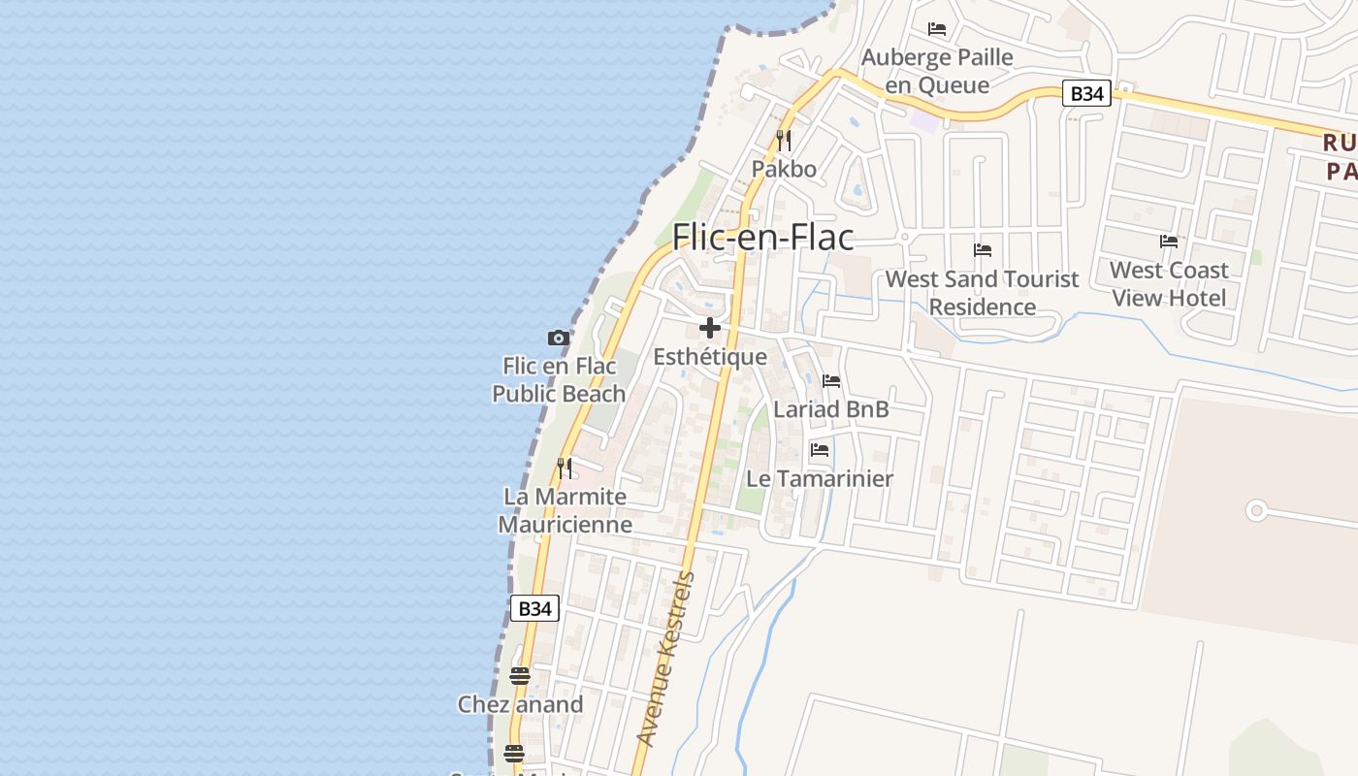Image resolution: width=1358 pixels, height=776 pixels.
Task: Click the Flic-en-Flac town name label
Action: point(763,238)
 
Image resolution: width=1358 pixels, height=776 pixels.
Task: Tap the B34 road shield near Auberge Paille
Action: point(1086,93)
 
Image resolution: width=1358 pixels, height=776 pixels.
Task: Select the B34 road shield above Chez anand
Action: point(534,608)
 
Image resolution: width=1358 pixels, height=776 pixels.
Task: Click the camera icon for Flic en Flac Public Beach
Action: point(559,338)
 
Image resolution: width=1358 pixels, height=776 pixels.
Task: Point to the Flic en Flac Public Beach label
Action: point(559,380)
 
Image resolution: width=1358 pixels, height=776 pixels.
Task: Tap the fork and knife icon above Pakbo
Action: point(784,141)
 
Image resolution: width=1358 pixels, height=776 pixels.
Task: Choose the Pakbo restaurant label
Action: point(784,169)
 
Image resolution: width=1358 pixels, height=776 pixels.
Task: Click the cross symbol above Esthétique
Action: point(710,328)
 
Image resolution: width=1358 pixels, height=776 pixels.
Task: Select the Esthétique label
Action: point(710,357)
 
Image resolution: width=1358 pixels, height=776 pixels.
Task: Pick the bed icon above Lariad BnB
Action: point(831,381)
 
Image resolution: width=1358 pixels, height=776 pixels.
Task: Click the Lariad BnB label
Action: point(831,409)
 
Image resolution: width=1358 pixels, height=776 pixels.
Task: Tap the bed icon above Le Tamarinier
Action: point(820,450)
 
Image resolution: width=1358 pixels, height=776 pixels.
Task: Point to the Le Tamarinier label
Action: point(820,478)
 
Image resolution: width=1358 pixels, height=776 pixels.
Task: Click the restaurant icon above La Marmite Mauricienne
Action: point(565,469)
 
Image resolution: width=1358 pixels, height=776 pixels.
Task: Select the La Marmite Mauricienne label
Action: point(565,510)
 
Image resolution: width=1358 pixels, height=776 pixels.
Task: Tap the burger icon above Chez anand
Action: point(520,675)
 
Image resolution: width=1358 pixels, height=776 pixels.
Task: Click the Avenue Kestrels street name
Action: point(666,660)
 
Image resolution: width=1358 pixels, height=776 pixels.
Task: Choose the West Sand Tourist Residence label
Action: point(982,293)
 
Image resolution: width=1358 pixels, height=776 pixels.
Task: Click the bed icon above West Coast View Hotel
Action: point(1169,241)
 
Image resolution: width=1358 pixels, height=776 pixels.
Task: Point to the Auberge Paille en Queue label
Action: point(937,71)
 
